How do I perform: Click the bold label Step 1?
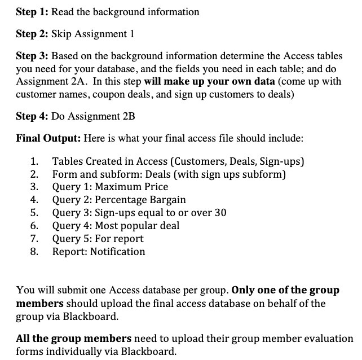[32, 12]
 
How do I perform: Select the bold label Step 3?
[32, 58]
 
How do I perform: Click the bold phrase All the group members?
[74, 339]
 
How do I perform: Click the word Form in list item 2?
[64, 174]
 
